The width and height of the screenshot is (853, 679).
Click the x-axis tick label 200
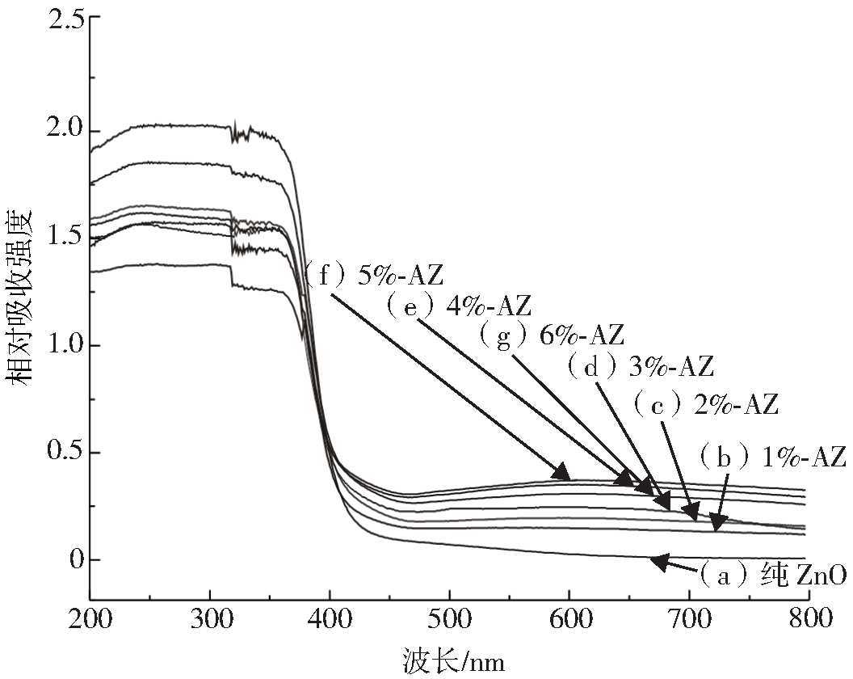pos(90,620)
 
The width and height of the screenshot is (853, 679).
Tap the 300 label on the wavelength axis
pos(210,620)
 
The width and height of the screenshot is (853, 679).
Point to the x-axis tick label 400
pos(330,620)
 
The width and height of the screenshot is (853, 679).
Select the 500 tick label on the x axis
pos(449,620)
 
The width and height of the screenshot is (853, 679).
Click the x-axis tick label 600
pos(569,620)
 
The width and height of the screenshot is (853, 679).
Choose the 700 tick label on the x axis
pos(688,620)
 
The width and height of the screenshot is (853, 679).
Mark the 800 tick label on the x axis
pos(807,620)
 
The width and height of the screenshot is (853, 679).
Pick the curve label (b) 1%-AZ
pos(771,457)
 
